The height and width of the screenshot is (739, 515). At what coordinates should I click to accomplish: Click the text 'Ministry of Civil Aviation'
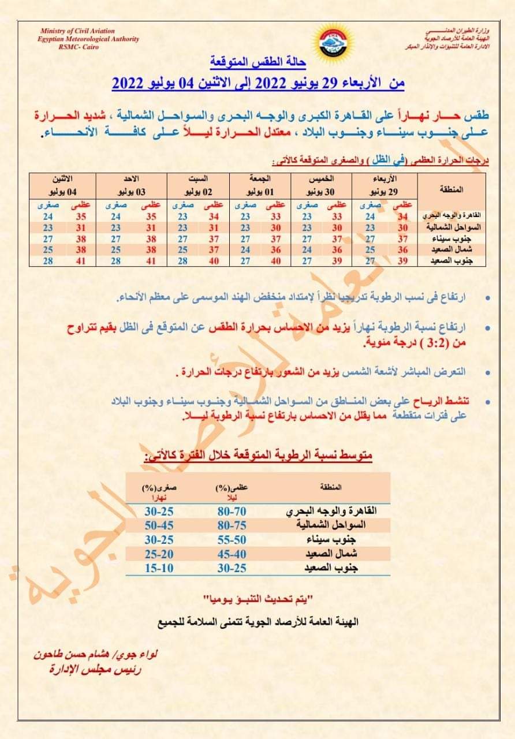pyautogui.click(x=78, y=31)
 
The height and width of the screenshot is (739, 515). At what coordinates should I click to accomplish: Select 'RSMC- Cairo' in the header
pyautogui.click(x=78, y=47)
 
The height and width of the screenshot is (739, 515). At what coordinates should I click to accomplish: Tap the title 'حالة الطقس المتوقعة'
pyautogui.click(x=257, y=61)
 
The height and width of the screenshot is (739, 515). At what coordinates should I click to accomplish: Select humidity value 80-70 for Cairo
pyautogui.click(x=233, y=512)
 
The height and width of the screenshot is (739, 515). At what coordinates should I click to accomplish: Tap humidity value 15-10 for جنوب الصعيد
pyautogui.click(x=159, y=568)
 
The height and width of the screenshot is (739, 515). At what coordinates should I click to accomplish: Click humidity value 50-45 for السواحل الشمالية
pyautogui.click(x=159, y=525)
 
